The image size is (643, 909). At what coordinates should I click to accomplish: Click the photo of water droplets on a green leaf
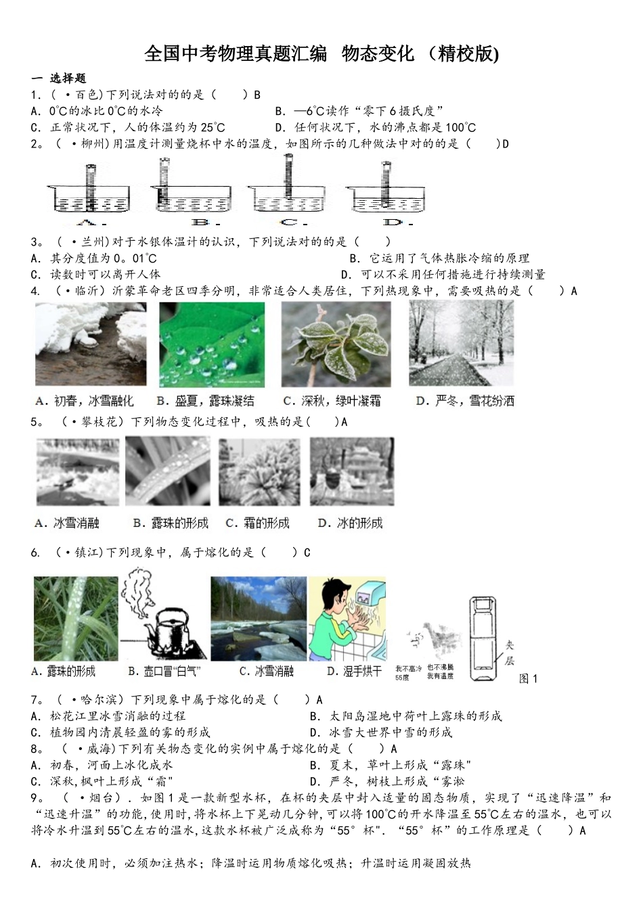211,344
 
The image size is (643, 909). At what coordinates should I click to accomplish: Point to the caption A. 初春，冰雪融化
84,401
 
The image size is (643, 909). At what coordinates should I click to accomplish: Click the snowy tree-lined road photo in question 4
461,344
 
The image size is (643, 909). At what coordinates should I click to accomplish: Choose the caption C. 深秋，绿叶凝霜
332,401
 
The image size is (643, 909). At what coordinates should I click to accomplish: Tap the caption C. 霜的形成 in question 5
257,523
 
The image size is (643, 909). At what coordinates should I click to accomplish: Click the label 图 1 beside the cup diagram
528,678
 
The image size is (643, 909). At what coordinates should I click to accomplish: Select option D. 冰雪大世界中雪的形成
380,732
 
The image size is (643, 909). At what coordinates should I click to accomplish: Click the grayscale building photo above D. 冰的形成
351,471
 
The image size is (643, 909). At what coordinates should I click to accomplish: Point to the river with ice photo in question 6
258,618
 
